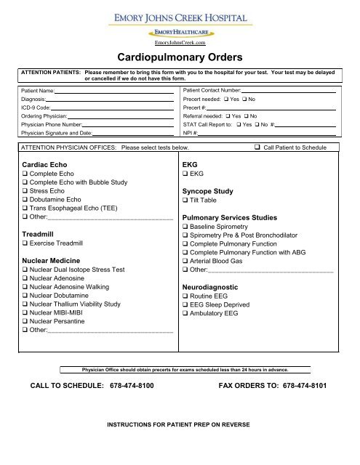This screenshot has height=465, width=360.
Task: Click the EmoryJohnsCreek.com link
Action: pos(180,43)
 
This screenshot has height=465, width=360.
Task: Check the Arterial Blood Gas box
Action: pos(185,259)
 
